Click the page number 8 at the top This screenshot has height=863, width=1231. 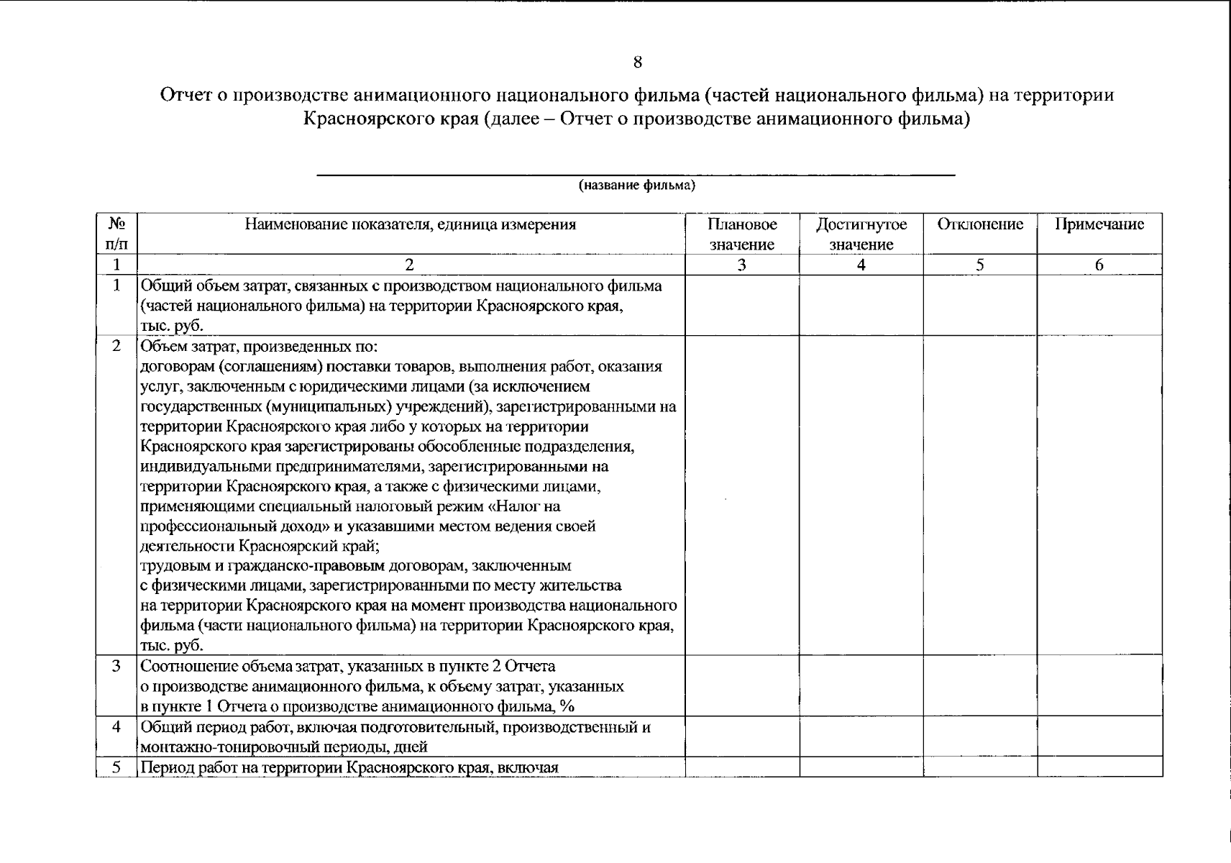(637, 63)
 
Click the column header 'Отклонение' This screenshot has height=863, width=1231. (979, 224)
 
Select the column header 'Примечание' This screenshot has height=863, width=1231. (1099, 224)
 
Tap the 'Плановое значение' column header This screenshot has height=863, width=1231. (741, 234)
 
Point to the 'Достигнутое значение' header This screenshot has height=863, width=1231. (861, 234)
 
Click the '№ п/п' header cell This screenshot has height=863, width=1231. (116, 234)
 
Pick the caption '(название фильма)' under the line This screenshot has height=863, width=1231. (637, 186)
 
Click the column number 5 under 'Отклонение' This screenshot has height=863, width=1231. (979, 265)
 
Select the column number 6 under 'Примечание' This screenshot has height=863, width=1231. (1099, 265)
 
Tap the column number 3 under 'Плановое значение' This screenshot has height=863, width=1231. (741, 265)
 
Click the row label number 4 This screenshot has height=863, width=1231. (116, 727)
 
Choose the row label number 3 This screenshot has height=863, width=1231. (116, 666)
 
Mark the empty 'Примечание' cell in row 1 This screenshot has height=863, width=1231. (1099, 306)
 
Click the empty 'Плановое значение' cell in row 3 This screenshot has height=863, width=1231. (741, 685)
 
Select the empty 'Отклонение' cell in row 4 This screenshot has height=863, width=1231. (979, 736)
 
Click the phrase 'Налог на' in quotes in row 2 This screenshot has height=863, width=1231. (527, 506)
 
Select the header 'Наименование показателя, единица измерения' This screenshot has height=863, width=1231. (410, 224)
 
